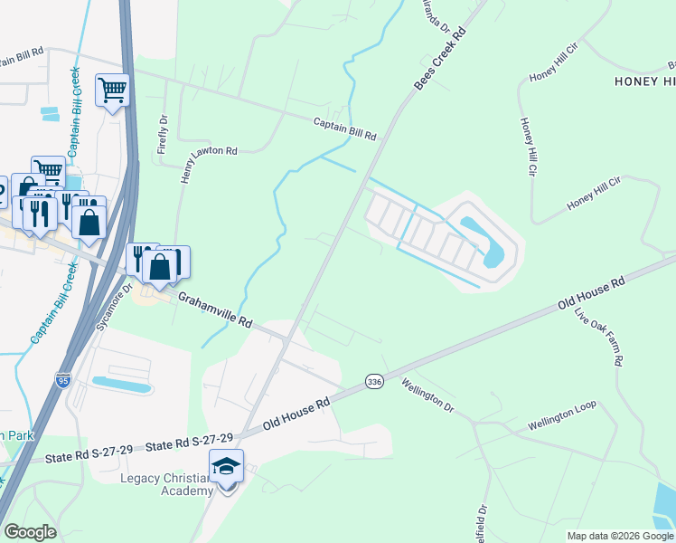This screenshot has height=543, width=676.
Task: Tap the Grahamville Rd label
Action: click(215, 310)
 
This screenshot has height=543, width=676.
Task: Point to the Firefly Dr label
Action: click(164, 134)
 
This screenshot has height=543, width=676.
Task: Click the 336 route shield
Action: click(373, 382)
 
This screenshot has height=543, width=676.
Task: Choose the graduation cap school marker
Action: click(226, 467)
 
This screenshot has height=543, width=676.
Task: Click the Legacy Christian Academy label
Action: click(167, 484)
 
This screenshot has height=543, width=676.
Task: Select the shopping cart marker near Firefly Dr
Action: click(112, 90)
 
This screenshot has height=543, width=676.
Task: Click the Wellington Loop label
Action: click(562, 421)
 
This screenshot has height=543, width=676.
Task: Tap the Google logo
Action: click(30, 532)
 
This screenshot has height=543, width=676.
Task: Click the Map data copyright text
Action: click(620, 536)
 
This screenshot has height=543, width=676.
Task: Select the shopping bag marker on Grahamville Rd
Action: click(159, 266)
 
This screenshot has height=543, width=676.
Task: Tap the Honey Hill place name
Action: click(644, 81)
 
